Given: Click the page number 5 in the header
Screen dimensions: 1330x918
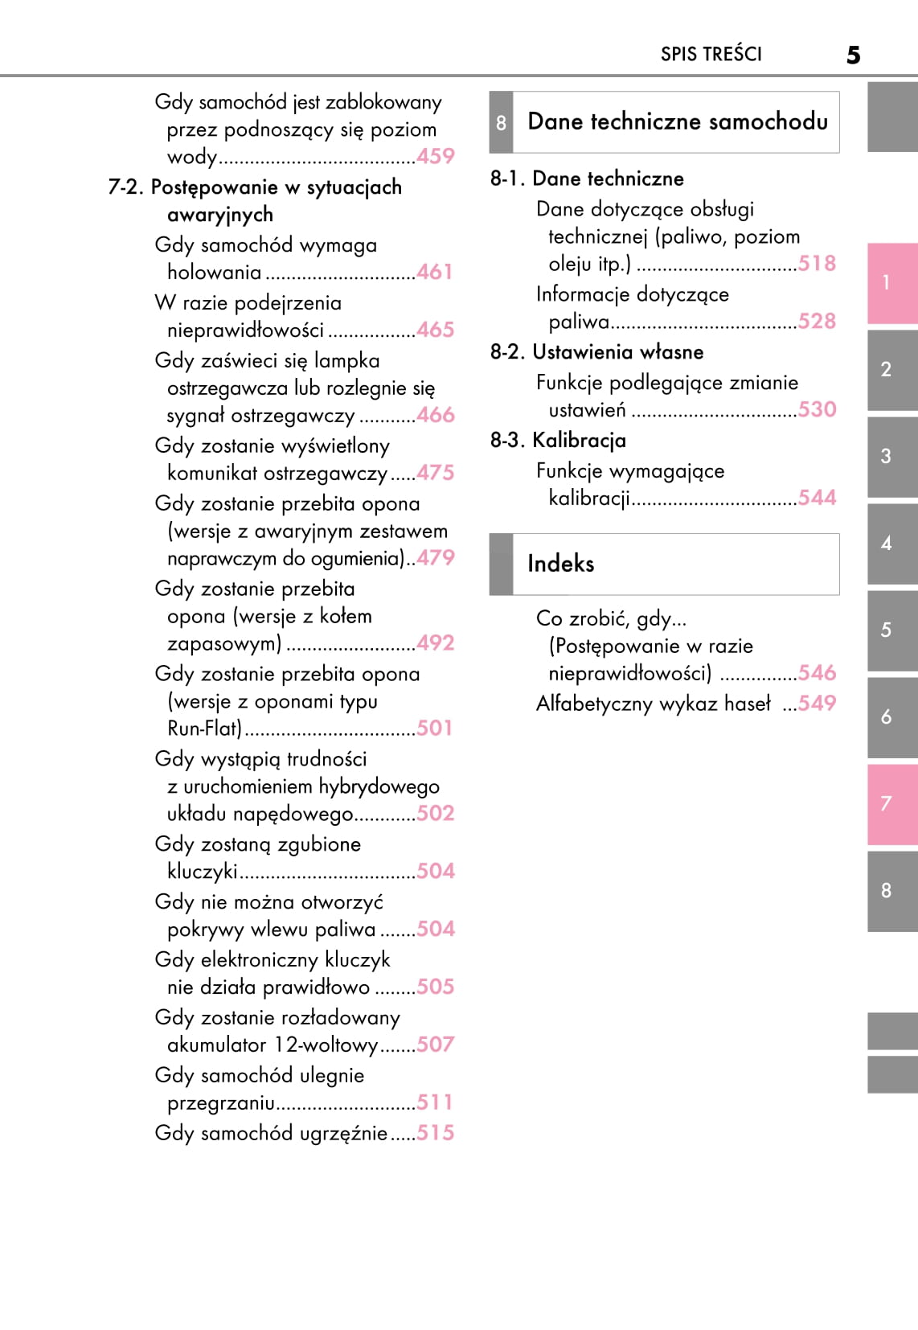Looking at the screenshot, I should click(x=853, y=55).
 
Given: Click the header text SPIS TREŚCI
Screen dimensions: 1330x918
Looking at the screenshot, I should click(x=711, y=54).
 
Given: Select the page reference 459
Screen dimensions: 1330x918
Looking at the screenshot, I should click(x=436, y=156).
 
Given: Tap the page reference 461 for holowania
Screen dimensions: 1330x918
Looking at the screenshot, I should click(x=435, y=272).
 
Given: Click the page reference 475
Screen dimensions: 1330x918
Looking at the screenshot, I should click(x=435, y=473).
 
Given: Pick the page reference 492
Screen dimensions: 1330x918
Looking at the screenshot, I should click(x=435, y=643).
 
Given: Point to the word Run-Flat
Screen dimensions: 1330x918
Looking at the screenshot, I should click(x=204, y=729).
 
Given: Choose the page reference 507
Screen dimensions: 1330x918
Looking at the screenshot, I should click(x=435, y=1045).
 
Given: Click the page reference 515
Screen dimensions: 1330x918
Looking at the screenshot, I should click(x=435, y=1133).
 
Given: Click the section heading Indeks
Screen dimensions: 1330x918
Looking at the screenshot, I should click(x=560, y=564).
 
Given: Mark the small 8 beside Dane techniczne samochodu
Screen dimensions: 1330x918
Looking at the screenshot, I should click(x=501, y=123).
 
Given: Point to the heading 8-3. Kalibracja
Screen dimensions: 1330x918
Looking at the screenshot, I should click(x=558, y=441).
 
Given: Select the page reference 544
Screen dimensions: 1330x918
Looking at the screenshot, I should click(x=817, y=498).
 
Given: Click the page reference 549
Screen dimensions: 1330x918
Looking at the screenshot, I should click(x=817, y=704).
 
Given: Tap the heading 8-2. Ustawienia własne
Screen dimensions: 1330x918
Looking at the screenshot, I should click(x=596, y=352).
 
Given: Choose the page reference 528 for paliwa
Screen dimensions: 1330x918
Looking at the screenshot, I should click(x=817, y=322).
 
